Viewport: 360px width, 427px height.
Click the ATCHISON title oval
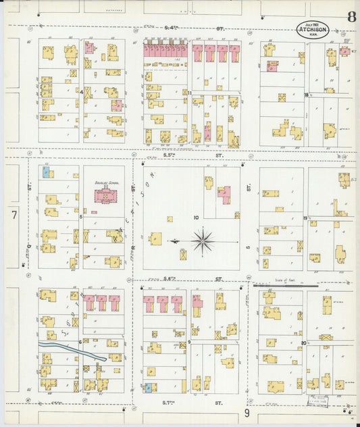coord(313,29)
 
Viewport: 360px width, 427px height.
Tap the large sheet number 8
coord(351,17)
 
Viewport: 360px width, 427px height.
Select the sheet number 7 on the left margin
coord(14,215)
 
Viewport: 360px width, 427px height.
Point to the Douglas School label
coord(104,183)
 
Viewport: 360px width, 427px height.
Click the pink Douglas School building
coord(105,196)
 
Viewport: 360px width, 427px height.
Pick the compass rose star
coord(203,240)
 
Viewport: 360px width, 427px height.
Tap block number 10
coord(196,218)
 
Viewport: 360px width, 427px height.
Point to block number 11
coord(190,93)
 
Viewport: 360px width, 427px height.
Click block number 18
coord(306,95)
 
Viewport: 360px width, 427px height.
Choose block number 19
coord(306,218)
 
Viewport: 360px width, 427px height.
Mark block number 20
coord(305,343)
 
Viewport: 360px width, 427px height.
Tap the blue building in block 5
coord(46,172)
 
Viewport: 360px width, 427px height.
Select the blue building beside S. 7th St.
coord(148,388)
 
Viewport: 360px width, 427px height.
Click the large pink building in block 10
coord(224,195)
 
